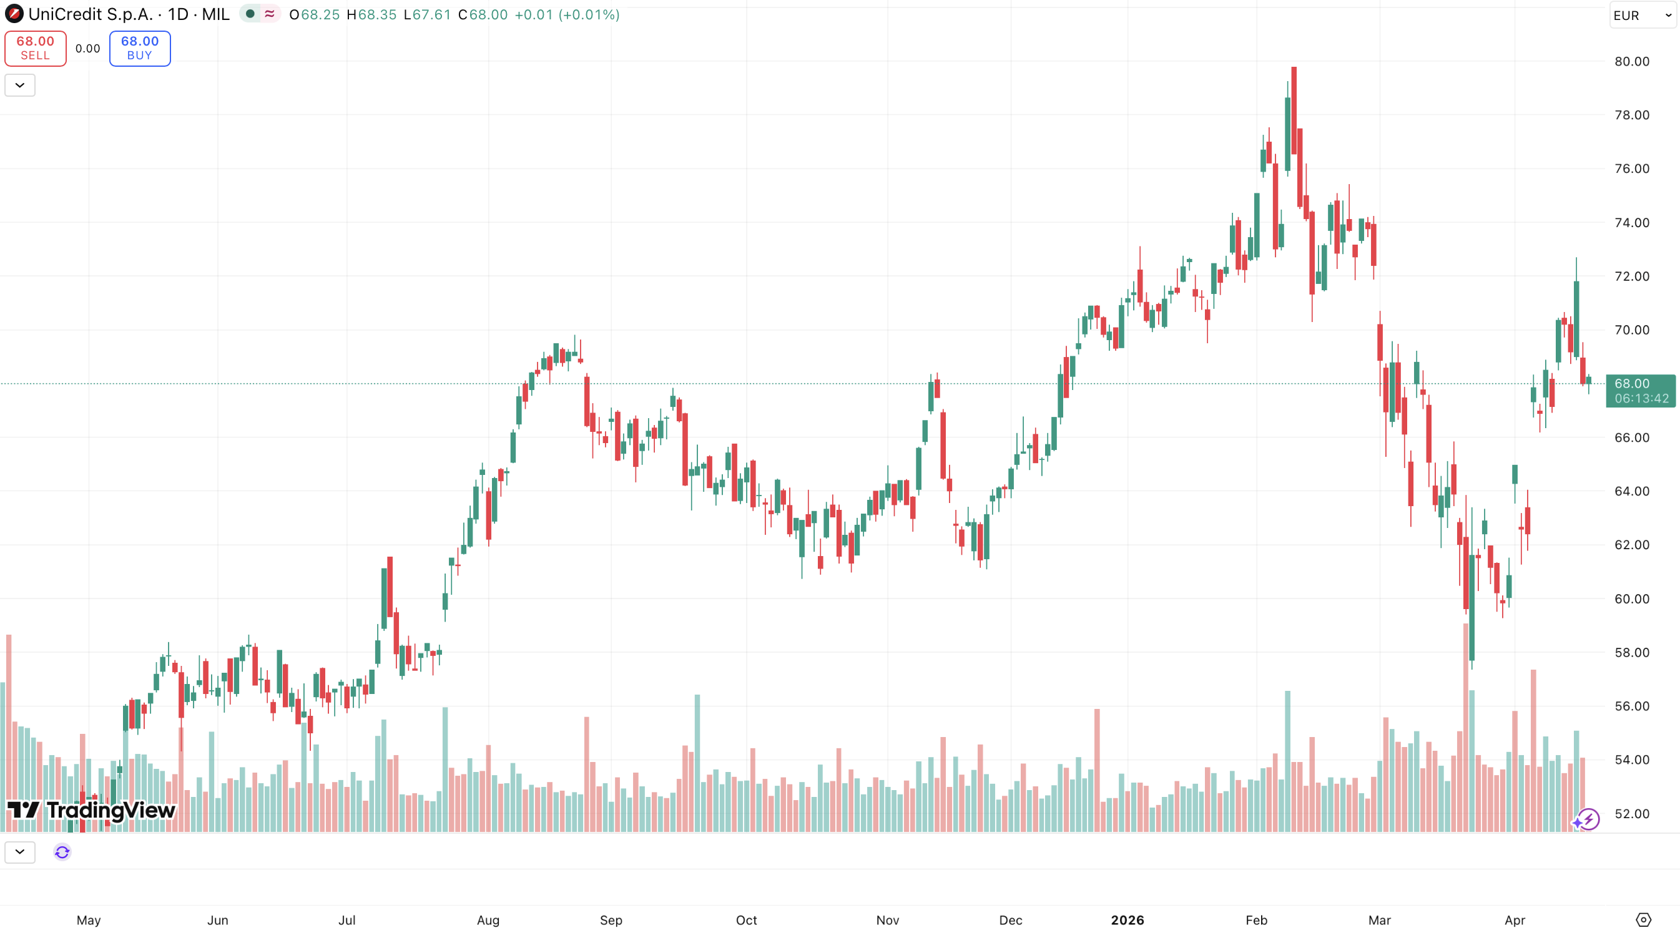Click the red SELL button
(35, 48)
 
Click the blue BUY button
(140, 48)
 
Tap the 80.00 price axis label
(1631, 61)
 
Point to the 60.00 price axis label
(1631, 598)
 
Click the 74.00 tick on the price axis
(1631, 222)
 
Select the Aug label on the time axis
(488, 920)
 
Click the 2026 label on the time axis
(1127, 920)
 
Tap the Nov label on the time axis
(887, 920)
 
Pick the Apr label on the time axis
(1515, 920)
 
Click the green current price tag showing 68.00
(1639, 391)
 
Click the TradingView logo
(91, 810)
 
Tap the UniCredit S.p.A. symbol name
(90, 14)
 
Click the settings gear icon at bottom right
(1643, 919)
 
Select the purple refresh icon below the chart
(62, 851)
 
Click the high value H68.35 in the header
(371, 14)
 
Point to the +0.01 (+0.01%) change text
(566, 14)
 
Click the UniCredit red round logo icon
(14, 14)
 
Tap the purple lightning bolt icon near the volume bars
(1587, 819)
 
